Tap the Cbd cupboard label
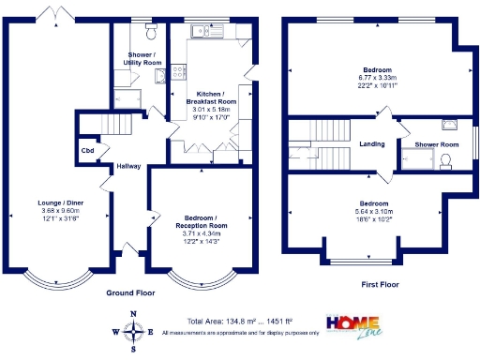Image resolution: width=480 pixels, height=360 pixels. tap(87, 150)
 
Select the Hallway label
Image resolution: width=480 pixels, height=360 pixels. tap(128, 167)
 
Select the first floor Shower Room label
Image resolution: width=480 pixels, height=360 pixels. tap(436, 144)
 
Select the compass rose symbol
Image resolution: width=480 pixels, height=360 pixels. tap(134, 330)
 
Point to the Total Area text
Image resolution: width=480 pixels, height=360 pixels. tap(240, 321)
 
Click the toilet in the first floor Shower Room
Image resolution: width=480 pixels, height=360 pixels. tap(447, 160)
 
